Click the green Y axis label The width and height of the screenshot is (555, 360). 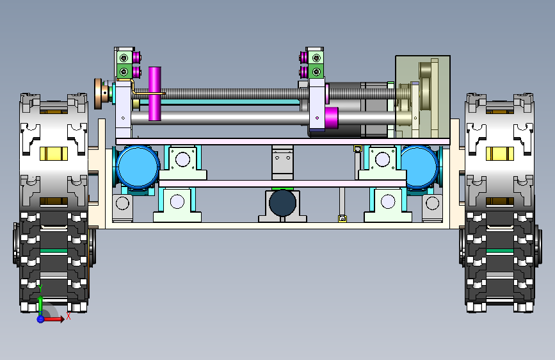click(x=40, y=288)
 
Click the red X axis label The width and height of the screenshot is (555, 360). click(x=68, y=316)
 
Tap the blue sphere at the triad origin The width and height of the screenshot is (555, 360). click(x=40, y=319)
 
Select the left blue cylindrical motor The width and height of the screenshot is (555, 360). click(x=138, y=166)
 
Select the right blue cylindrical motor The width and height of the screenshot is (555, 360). click(x=419, y=167)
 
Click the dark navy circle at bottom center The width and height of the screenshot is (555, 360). click(x=282, y=202)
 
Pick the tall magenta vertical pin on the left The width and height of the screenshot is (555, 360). click(x=155, y=94)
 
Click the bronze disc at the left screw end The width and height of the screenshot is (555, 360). click(x=99, y=94)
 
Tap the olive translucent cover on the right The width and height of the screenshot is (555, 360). click(x=422, y=96)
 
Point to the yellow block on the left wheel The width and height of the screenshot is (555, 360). click(x=53, y=154)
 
